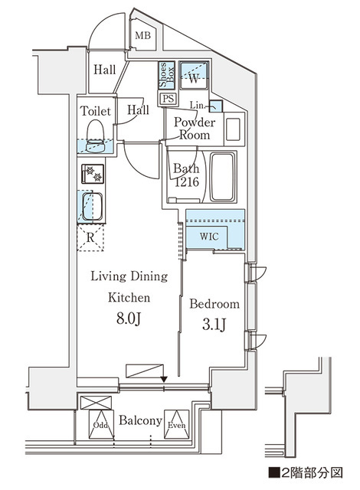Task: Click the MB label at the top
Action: (142, 36)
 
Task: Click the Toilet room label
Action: (95, 111)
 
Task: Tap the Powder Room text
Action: (195, 129)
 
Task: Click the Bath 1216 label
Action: (186, 175)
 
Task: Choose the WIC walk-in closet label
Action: (210, 236)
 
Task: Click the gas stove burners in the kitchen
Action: (93, 174)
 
